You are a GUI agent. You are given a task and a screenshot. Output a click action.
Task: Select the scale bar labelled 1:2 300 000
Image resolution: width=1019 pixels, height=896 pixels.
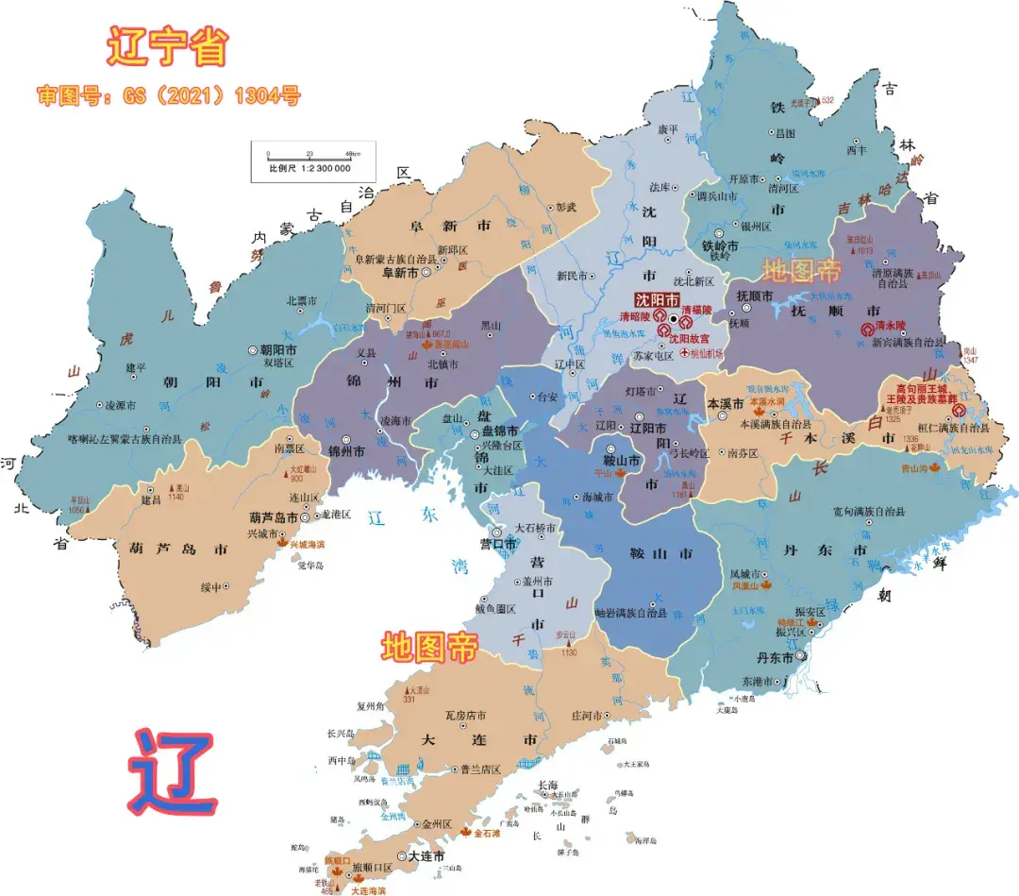(x=312, y=161)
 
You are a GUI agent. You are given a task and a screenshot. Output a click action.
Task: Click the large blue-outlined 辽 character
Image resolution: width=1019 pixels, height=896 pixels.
(x=173, y=774)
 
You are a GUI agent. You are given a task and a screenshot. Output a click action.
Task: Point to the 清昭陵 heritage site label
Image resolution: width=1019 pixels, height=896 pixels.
(x=635, y=316)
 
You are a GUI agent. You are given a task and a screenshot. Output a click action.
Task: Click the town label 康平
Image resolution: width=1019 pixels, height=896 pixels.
(x=667, y=129)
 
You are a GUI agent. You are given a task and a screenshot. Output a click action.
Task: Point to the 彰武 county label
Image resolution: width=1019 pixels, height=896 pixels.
(x=565, y=206)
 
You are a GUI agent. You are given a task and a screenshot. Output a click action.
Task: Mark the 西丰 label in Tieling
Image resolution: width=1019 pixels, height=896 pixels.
(x=856, y=149)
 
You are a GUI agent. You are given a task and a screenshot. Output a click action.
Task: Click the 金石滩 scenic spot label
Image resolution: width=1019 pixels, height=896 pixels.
(x=491, y=834)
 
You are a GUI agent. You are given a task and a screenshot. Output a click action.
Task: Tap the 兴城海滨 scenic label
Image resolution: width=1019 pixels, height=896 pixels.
(x=307, y=545)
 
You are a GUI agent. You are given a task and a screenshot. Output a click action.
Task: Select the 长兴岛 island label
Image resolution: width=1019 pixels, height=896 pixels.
(x=339, y=734)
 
